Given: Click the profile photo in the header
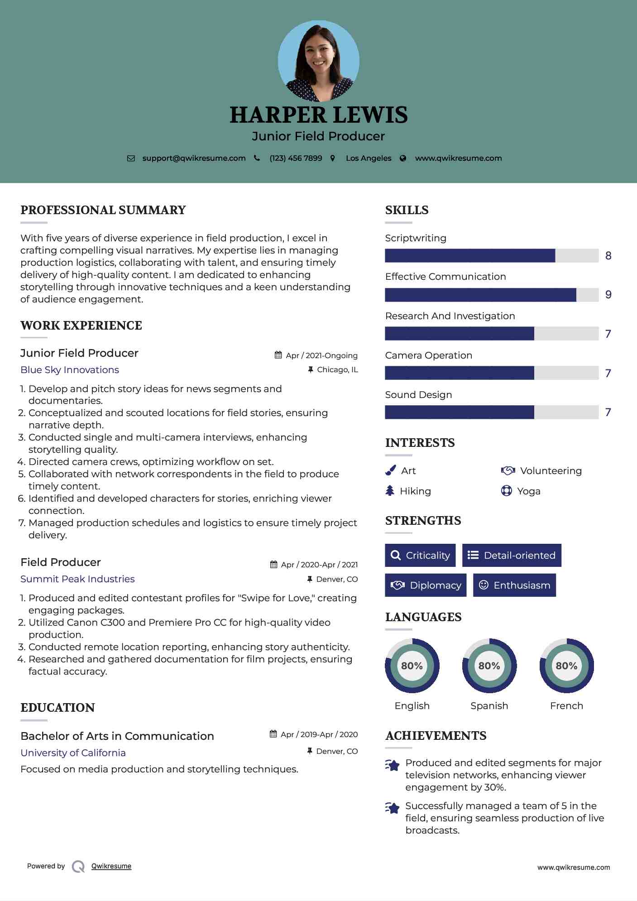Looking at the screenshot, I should click(x=318, y=61).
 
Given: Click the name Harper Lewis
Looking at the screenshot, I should click(x=318, y=115).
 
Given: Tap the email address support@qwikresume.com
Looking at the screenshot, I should click(x=194, y=158).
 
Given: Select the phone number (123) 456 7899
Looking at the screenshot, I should click(x=296, y=158).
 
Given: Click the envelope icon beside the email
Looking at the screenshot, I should click(x=131, y=158).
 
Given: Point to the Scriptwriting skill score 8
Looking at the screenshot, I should click(x=608, y=256).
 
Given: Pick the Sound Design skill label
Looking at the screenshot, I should click(x=418, y=395).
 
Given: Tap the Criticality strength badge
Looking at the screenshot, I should click(x=420, y=555).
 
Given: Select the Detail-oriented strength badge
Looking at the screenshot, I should click(x=512, y=555).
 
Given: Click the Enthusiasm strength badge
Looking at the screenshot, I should click(x=514, y=585).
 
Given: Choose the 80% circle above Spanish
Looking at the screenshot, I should click(x=489, y=666).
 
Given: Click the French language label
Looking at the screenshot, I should click(x=566, y=706).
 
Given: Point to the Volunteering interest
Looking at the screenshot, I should click(x=551, y=471).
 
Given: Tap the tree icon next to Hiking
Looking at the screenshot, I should click(x=390, y=491).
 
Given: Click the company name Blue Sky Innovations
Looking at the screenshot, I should click(x=70, y=370).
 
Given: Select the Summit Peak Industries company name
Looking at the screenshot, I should click(x=77, y=579).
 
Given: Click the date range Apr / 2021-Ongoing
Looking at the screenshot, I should click(x=321, y=356).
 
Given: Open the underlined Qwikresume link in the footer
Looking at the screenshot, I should click(x=111, y=866).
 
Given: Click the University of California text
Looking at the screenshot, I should click(x=73, y=753).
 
